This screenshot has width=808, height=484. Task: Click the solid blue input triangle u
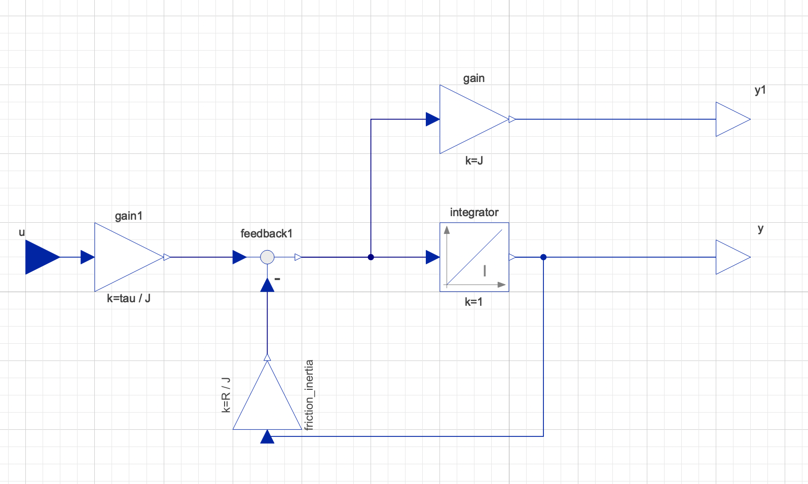[x=41, y=257]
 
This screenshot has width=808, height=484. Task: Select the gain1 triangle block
[x=124, y=257]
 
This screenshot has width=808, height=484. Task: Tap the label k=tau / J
[x=128, y=298]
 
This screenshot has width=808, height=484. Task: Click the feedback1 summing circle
[x=267, y=257]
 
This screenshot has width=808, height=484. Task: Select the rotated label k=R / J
[x=226, y=395]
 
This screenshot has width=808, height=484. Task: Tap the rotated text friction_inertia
[x=309, y=395]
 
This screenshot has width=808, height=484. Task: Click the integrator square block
[x=474, y=257]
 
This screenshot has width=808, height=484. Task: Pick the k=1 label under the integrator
[x=473, y=302]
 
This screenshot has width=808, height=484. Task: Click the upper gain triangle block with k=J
[x=469, y=119]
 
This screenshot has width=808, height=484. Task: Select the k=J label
[x=474, y=161]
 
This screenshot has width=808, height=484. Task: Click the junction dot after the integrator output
[x=543, y=257]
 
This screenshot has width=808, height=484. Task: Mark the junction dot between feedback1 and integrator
[x=371, y=257]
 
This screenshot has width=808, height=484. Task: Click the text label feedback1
[x=266, y=233]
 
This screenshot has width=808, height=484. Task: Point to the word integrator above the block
[x=474, y=212]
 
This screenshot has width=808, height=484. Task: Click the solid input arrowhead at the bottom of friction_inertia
[x=267, y=437]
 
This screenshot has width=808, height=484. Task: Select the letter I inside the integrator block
[x=485, y=271]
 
